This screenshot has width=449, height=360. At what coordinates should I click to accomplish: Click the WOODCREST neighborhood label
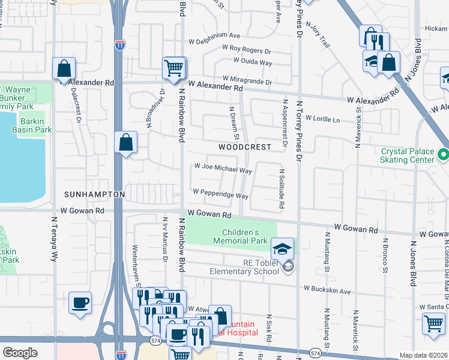tap(244, 146)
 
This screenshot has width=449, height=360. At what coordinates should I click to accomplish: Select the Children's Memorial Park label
tap(244, 236)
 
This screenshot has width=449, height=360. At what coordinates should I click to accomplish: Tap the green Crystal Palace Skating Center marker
tap(443, 155)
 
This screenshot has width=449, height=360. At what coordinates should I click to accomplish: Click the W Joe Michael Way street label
tap(222, 170)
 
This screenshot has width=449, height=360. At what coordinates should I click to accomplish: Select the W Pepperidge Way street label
tap(220, 196)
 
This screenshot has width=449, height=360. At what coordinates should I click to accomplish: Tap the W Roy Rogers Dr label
tap(247, 47)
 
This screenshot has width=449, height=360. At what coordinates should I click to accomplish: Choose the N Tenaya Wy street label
tap(54, 239)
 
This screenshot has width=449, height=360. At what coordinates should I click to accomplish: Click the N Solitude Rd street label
tap(281, 188)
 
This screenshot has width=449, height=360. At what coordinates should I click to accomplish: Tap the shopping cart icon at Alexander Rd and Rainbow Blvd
tap(173, 68)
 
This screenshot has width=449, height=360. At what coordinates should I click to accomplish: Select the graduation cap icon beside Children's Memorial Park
tap(283, 247)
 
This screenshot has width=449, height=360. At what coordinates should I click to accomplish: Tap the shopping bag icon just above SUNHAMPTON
tap(126, 143)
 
